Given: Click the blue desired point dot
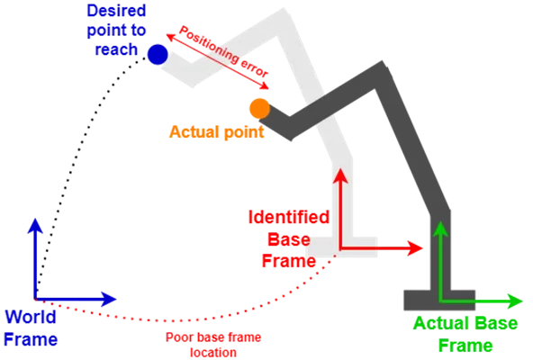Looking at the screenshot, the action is coord(158,54).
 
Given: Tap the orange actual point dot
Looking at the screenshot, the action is coord(259,109).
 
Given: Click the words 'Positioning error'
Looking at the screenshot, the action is coord(223,51).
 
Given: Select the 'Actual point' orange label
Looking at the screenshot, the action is coord(216,132).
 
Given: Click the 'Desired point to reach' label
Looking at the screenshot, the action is coord(116,31).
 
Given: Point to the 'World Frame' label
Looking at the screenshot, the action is coord(31,328).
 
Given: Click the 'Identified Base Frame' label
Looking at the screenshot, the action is coord(289,239).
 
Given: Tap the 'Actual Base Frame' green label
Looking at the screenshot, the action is coord(465,334).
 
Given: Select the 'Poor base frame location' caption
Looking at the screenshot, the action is coord(213,345).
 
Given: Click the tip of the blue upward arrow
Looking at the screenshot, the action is coord(35,219).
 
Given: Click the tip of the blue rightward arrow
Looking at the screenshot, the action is coord(116,299).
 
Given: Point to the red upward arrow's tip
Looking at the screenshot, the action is coord(340,168).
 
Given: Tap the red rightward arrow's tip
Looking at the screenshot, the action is coord(422,248).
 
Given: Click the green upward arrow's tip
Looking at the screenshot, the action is coord(441,221).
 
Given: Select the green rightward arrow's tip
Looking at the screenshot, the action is coord(522,301).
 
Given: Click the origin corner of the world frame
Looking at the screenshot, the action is coord(35,299).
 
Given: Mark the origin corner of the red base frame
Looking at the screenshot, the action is coord(340,248).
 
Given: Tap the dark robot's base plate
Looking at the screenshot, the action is coord(439,301).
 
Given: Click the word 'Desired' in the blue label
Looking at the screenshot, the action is coord(116,11).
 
